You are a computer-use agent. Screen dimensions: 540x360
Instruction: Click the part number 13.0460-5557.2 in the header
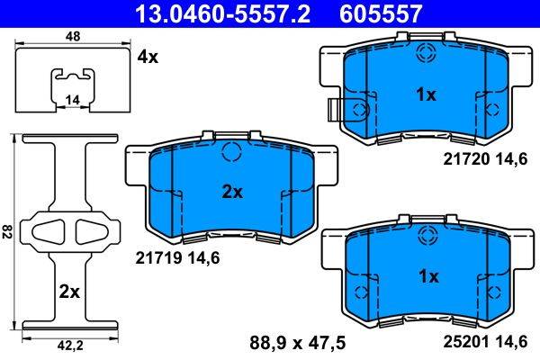click(223, 13)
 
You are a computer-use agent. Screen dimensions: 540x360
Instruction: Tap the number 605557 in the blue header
click(381, 13)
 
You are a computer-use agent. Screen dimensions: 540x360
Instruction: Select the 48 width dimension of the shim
click(72, 36)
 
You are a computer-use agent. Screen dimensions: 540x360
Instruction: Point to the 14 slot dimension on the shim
click(72, 100)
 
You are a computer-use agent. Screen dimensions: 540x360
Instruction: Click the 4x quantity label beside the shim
click(148, 57)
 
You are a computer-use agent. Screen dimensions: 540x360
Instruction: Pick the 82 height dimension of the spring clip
click(7, 230)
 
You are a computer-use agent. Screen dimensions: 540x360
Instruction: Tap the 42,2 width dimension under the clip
click(70, 346)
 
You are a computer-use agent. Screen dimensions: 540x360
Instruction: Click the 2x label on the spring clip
click(69, 292)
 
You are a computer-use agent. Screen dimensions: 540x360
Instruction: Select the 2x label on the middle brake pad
click(232, 193)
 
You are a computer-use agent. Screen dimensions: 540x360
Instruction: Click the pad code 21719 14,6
click(177, 258)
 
